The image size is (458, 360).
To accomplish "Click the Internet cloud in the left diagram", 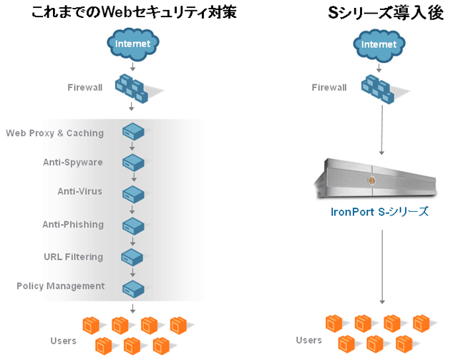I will tap(133, 44).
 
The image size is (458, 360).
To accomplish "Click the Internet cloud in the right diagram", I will tap(379, 44).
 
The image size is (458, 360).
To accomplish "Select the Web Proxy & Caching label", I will tap(55, 133).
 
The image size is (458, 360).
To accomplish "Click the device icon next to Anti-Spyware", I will tap(133, 162).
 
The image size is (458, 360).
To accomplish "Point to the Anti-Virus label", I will tap(80, 192).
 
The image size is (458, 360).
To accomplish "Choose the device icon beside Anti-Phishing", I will tap(133, 225).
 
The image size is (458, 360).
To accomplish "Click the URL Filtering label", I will tap(74, 257).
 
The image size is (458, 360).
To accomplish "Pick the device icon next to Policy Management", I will tap(133, 287).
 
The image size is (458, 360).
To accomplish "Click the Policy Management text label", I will tap(61, 286).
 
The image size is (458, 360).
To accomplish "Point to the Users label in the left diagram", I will tap(63, 341).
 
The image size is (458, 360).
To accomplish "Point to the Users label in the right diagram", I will tap(309, 340).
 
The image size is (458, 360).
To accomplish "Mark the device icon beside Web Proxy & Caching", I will tap(133, 132).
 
